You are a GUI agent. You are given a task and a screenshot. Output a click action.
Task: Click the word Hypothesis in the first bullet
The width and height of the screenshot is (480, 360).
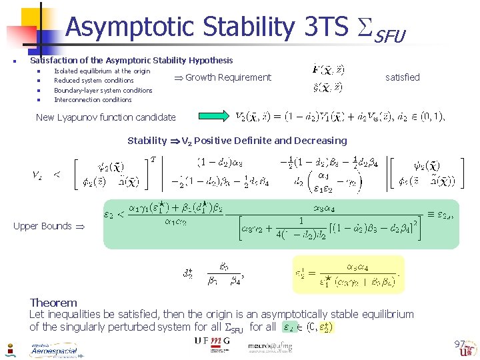[x=211, y=60]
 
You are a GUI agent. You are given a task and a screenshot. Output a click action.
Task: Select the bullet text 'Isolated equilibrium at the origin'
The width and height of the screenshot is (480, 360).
[x=102, y=71]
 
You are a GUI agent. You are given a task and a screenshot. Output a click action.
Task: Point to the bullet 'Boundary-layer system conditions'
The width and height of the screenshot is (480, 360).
[x=103, y=90]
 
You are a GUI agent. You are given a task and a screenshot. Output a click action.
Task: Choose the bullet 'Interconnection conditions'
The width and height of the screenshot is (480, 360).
[x=93, y=100]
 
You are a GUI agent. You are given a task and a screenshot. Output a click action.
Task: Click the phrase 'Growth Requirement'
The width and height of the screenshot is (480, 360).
[x=228, y=77]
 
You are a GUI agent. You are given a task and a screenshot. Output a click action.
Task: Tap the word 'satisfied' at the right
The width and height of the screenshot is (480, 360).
[x=403, y=77]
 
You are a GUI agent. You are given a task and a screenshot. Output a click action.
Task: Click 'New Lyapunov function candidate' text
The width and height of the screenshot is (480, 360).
[x=106, y=117]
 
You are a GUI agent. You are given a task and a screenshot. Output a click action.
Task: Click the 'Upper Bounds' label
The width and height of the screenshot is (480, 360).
[x=43, y=226]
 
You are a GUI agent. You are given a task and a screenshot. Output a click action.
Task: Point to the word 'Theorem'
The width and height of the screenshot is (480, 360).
[x=53, y=303]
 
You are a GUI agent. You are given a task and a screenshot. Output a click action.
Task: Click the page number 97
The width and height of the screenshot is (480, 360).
[x=459, y=344]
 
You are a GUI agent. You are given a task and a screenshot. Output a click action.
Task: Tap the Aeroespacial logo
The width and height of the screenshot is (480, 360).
[x=53, y=350]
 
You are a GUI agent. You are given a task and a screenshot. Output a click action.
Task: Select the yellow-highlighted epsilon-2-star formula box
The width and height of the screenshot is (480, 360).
[x=347, y=273]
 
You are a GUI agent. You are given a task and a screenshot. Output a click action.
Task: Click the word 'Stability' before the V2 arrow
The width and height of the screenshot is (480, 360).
[x=147, y=141]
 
